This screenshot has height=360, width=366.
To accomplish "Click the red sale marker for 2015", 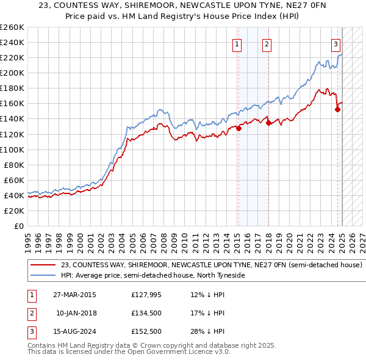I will pyautogui.click(x=239, y=128).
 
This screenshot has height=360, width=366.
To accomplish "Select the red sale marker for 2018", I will pyautogui.click(x=268, y=123).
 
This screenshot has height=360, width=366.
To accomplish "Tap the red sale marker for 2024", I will pyautogui.click(x=337, y=109).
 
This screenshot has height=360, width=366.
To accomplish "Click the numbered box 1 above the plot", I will pyautogui.click(x=236, y=43).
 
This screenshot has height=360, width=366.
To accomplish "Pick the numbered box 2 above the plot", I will pyautogui.click(x=267, y=43).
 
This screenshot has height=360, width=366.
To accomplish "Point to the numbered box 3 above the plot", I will pyautogui.click(x=335, y=43).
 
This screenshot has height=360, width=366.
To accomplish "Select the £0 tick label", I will pyautogui.click(x=18, y=226).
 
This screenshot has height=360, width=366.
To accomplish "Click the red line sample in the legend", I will pyautogui.click(x=43, y=265).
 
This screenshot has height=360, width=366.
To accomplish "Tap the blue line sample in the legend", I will pyautogui.click(x=43, y=276).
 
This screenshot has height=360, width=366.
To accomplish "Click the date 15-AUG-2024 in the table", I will pyautogui.click(x=74, y=331).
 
